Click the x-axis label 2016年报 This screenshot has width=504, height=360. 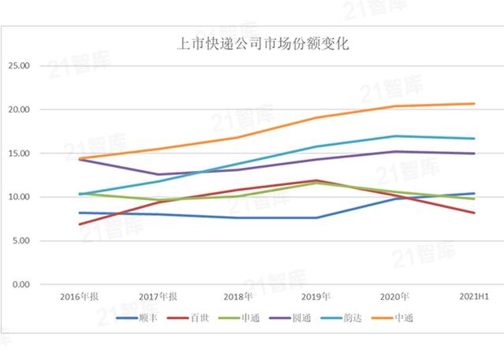click(x=80, y=297)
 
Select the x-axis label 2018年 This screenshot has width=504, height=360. click(x=238, y=297)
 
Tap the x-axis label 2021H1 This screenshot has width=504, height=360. click(x=475, y=297)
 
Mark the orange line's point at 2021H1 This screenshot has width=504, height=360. click(x=475, y=104)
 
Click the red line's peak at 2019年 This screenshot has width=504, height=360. click(x=317, y=180)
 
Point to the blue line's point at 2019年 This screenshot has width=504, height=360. click(x=317, y=218)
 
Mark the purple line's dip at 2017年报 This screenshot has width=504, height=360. click(x=158, y=175)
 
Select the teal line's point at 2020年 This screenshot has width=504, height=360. click(x=396, y=136)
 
